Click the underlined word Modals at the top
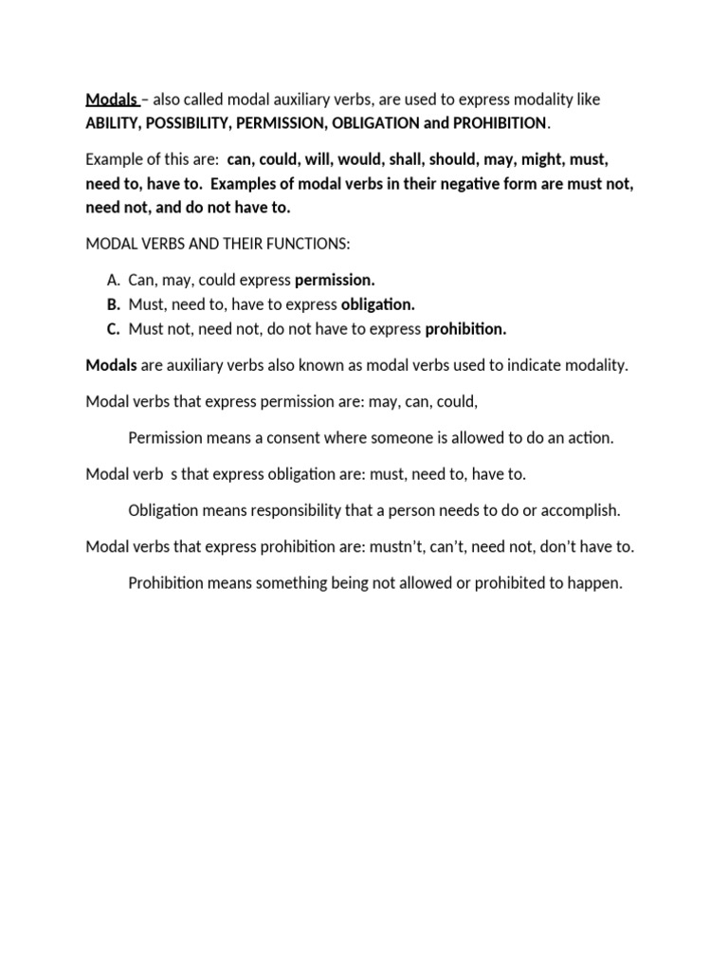coord(111,100)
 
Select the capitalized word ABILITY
coord(116,123)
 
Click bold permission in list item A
coord(336,281)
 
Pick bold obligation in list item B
coord(377,304)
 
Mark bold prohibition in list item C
coord(465,329)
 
